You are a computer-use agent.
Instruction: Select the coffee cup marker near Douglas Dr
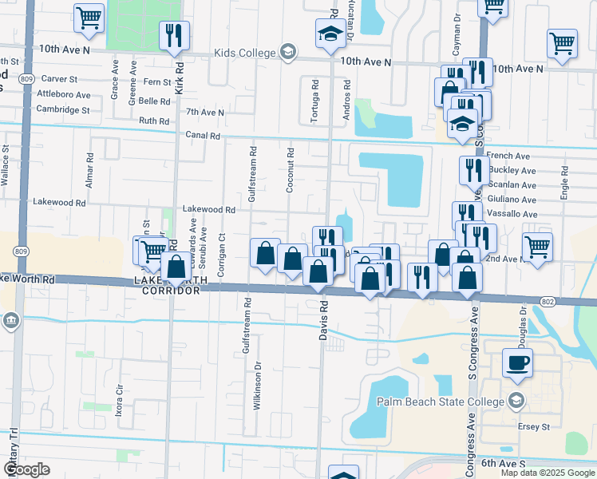pos(517,362)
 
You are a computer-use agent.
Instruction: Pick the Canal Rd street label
pos(202,136)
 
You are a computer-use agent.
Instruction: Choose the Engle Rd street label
pos(563,182)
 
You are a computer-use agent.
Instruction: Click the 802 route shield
pos(547,300)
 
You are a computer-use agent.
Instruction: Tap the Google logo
pos(26,469)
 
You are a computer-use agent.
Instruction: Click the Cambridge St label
pos(64,109)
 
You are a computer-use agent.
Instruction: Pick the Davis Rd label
pos(324,318)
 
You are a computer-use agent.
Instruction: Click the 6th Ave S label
pos(504,464)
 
